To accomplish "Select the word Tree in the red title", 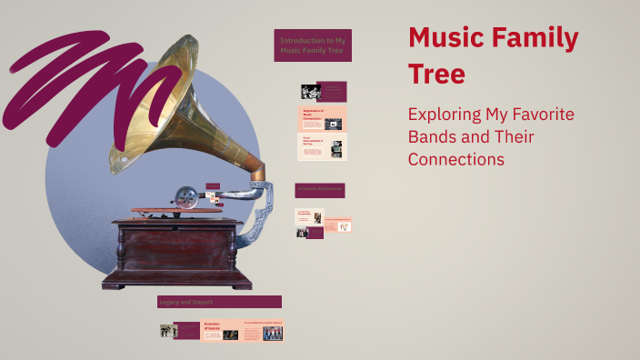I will tap(436, 74).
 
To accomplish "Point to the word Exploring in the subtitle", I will tap(447, 115).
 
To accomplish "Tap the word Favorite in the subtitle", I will tap(540, 115).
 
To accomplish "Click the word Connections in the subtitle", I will tap(455, 159).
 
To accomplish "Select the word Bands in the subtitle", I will tap(435, 137).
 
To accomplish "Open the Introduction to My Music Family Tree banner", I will tap(313, 45).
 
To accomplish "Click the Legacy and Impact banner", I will tap(219, 302).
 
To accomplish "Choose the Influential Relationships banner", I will tap(319, 190).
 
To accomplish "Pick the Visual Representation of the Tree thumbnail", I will tap(323, 147).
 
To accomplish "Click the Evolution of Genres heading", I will tap(212, 325).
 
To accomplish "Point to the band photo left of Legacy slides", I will tap(167, 332).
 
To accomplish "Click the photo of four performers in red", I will tap(273, 334).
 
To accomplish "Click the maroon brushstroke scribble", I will tap(82, 77).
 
